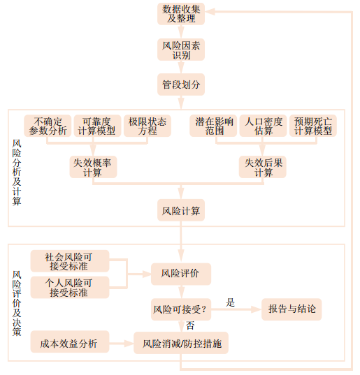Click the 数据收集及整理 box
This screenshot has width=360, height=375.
181,14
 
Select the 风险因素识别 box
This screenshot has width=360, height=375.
181,50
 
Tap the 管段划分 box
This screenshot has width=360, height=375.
181,84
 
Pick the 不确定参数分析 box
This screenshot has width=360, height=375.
48,126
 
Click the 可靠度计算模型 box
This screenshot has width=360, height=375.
97,126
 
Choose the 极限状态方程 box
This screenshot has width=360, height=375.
147,126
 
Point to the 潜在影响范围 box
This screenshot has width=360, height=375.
213,126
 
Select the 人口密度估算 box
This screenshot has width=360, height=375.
263,126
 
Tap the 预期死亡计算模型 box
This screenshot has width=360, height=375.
313,126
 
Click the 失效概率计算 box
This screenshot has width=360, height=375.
93,167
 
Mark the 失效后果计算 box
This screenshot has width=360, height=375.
263,167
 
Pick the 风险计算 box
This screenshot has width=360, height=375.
181,210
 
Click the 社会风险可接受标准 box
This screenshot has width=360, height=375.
70,261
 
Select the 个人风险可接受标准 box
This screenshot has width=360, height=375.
70,288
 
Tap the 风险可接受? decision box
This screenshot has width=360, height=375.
181,309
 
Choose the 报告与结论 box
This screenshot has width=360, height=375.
291,309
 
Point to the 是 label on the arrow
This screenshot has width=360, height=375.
230,302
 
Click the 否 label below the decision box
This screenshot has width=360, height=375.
190,325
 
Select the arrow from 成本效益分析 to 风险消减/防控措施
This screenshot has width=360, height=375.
122,344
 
